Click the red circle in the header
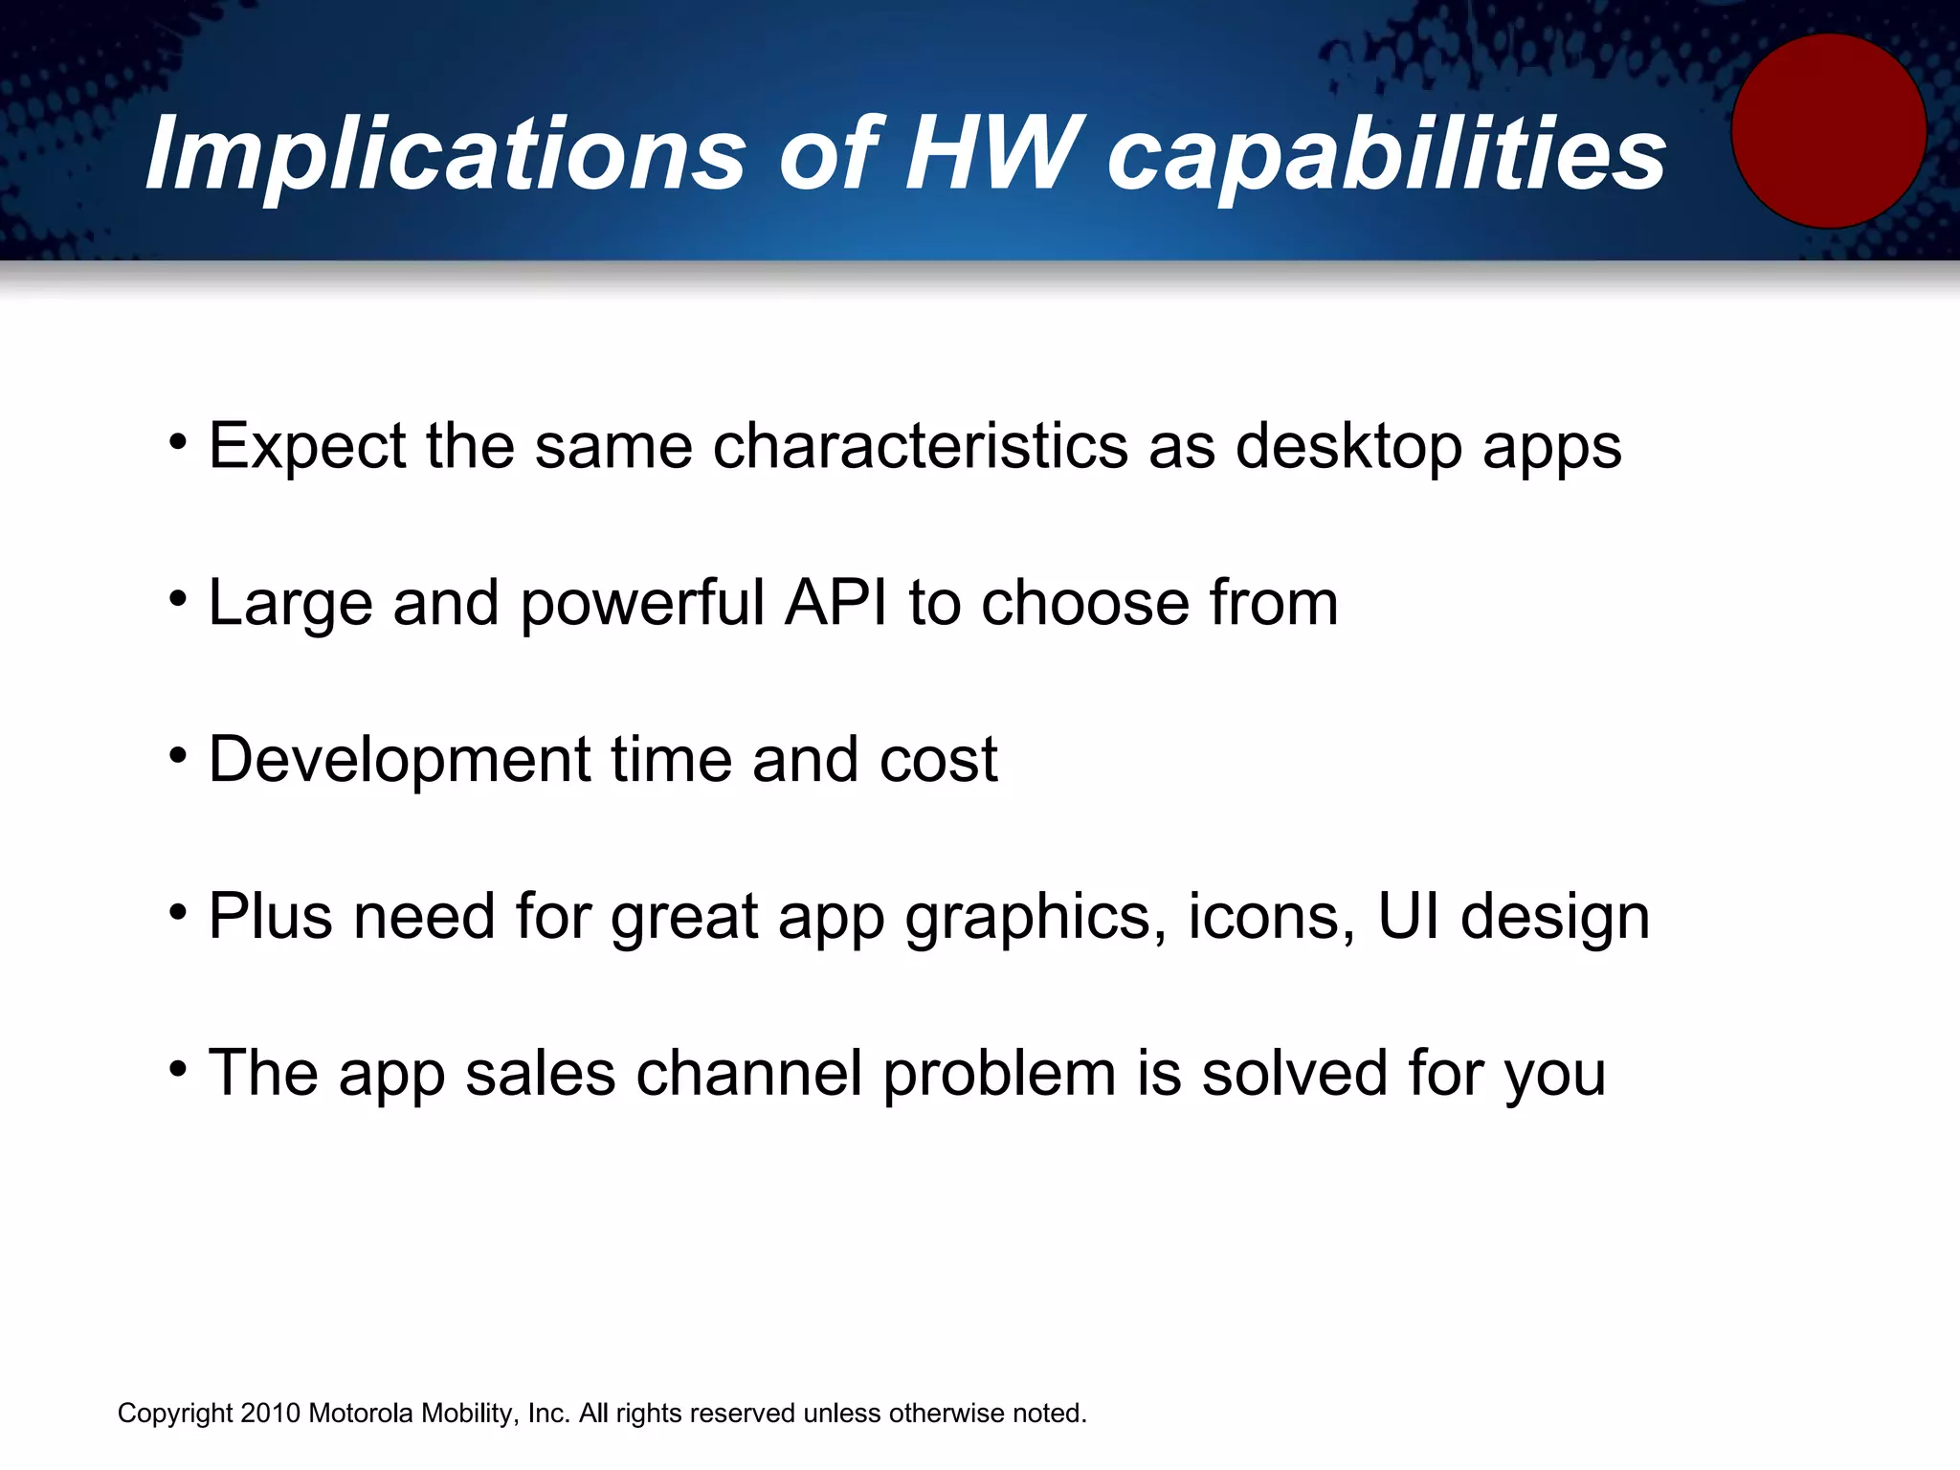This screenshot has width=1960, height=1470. (x=1828, y=131)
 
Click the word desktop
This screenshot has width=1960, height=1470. (x=1348, y=447)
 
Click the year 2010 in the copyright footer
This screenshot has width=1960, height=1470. (x=271, y=1414)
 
